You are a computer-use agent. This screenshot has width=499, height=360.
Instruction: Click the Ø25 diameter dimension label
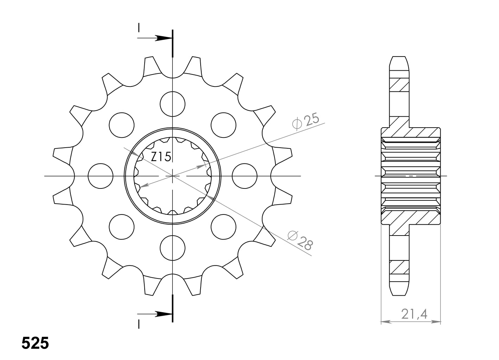coord(305,121)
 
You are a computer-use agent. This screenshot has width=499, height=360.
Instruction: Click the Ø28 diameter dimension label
coord(300,240)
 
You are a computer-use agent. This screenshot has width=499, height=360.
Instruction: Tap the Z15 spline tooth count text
coord(161,157)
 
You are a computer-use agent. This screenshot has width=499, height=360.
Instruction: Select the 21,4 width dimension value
coord(413,314)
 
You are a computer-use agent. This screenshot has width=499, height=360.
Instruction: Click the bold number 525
coord(35,343)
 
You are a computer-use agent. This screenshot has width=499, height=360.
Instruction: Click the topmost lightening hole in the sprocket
coord(172,104)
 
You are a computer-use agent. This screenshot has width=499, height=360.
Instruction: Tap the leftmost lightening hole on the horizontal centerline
coord(100,175)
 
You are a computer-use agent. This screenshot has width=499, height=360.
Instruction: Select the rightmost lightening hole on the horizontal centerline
coord(245,175)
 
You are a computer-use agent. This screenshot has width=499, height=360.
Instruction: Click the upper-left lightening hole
coord(121,125)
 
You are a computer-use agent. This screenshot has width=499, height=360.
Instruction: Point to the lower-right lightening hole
coord(223,226)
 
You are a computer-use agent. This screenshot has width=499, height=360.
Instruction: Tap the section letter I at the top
coord(139,27)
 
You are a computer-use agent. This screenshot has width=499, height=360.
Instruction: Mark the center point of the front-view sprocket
coord(172,175)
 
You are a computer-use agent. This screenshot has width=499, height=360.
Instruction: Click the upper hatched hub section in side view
coord(410,132)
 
